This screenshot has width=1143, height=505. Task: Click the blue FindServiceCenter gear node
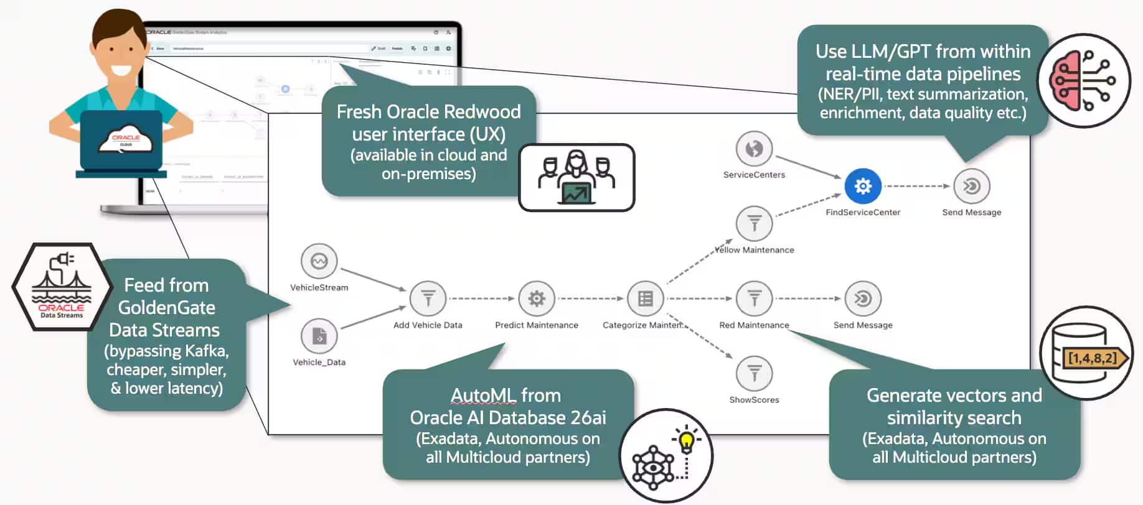(862, 186)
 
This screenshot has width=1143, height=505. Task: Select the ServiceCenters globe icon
(754, 149)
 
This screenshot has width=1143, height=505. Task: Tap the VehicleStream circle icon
(319, 261)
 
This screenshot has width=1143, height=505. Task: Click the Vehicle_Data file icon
(319, 336)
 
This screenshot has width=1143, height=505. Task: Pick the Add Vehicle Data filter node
(428, 299)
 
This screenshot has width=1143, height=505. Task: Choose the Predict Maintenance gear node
(536, 299)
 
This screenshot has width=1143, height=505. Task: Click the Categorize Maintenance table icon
(645, 299)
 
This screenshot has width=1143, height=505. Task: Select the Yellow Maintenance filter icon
(754, 223)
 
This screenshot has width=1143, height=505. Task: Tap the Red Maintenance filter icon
(754, 299)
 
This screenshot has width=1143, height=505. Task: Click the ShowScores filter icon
(754, 374)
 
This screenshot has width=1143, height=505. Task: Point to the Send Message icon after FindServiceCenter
(971, 186)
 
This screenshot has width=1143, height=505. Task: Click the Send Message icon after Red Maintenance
(862, 299)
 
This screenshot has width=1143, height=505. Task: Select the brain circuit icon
(1083, 81)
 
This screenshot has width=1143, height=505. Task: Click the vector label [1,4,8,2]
(1093, 358)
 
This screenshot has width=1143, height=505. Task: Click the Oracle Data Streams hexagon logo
(61, 287)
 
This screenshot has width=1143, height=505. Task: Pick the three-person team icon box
(576, 178)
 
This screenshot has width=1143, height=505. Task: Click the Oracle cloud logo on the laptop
(126, 141)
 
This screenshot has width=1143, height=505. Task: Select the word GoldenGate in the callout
(166, 307)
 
